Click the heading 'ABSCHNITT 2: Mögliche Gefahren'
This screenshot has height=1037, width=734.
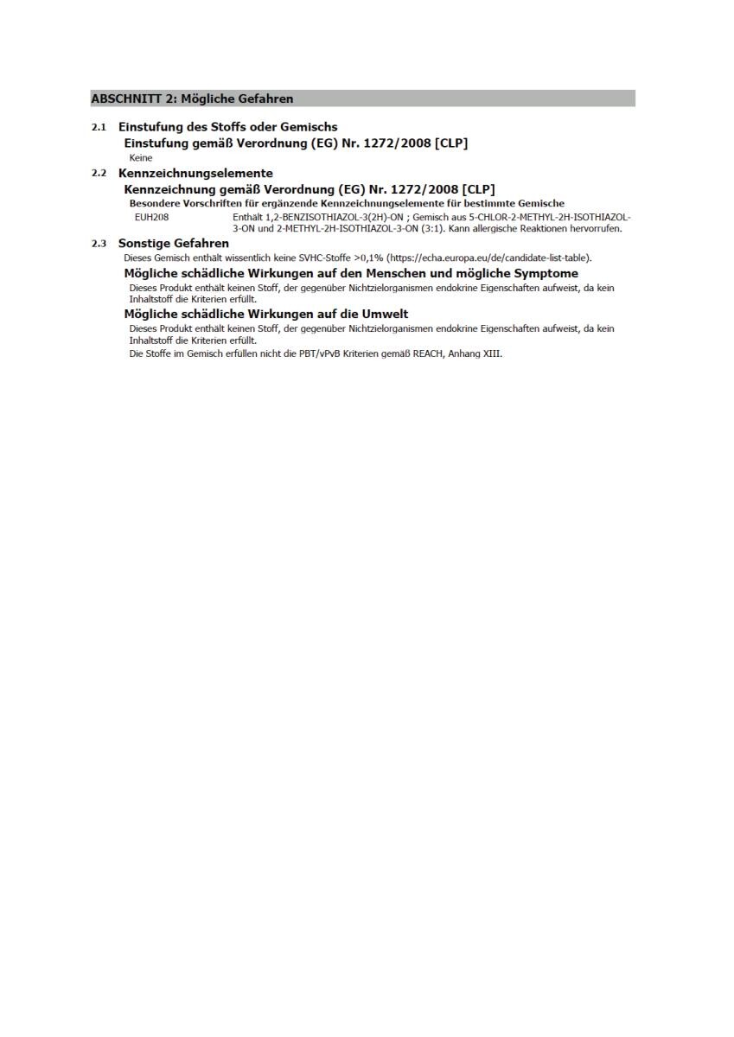[192, 99]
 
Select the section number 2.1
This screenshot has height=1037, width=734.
[99, 127]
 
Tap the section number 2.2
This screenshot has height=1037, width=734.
[99, 174]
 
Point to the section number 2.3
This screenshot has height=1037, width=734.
[99, 244]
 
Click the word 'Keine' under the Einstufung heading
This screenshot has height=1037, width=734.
[141, 158]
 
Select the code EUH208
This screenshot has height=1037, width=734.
[151, 217]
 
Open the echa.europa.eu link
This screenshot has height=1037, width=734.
[489, 258]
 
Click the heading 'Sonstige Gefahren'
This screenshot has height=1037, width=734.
[174, 244]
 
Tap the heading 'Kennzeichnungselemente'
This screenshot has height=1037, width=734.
[195, 174]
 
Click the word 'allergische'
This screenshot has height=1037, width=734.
[499, 229]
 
